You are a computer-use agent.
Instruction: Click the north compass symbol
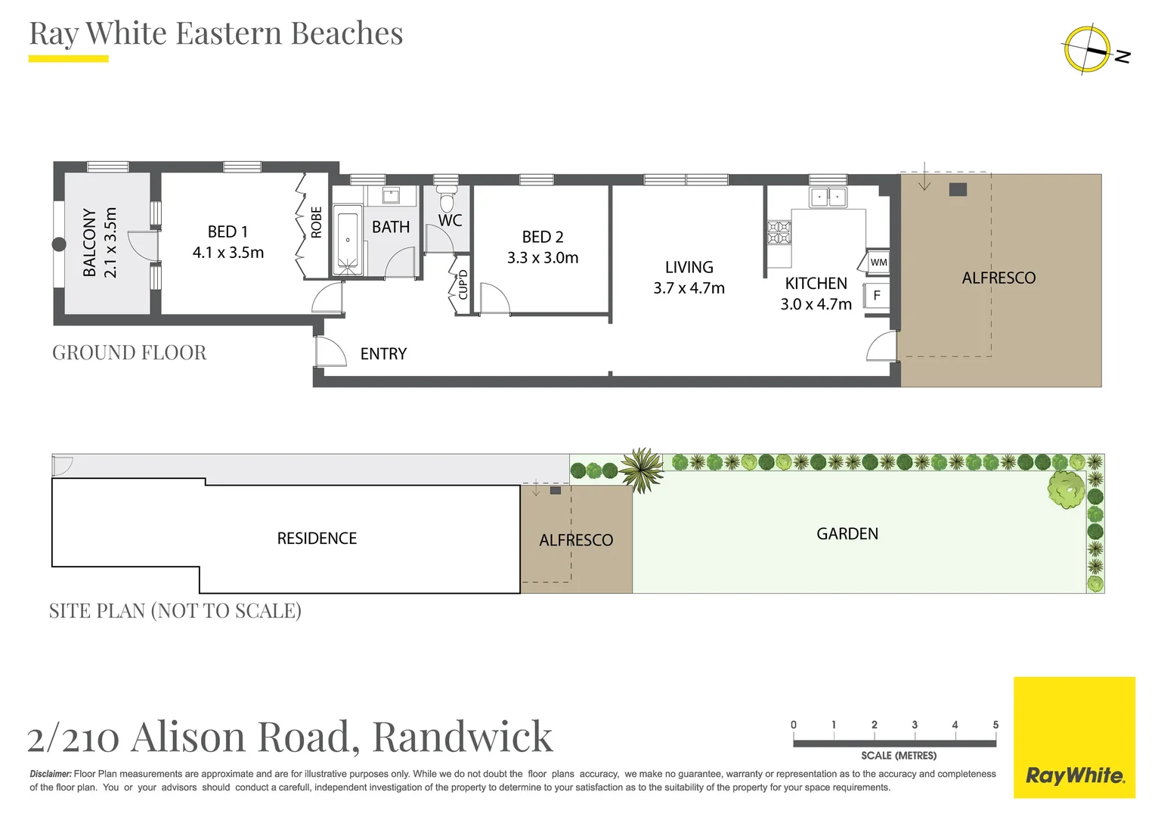[1087, 50]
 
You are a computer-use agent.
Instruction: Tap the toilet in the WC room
[446, 201]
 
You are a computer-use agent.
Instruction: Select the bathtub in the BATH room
[348, 241]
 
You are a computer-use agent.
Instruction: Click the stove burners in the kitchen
[779, 232]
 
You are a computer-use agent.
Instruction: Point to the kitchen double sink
[828, 197]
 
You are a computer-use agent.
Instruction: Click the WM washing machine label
[878, 262]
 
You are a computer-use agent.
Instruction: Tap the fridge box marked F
[877, 295]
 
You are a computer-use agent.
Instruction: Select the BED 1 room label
[228, 231]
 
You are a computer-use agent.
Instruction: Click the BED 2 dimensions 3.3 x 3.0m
[543, 258]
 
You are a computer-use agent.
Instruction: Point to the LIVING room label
[689, 267]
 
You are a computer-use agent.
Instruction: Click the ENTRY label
[383, 354]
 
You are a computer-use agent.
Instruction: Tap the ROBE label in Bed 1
[317, 222]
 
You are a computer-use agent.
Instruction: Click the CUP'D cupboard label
[463, 284]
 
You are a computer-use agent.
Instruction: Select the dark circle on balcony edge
[59, 244]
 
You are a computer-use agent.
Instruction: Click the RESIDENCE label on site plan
[317, 539]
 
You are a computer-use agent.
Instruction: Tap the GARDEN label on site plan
[847, 534]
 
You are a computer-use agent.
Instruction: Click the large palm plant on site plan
[642, 468]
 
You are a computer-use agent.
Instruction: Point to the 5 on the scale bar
[996, 725]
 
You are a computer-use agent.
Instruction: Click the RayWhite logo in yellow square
[1074, 775]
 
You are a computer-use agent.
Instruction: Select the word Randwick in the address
[463, 737]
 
